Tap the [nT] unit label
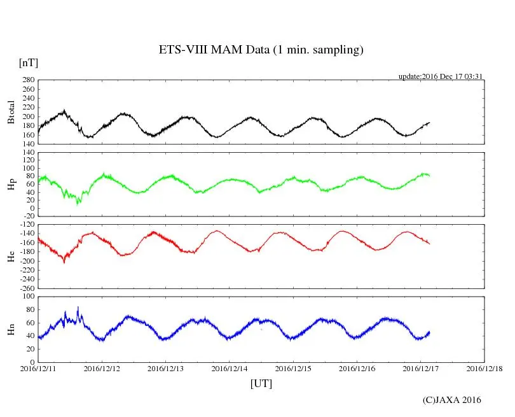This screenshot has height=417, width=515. pyautogui.click(x=29, y=63)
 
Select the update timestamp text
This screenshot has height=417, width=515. pyautogui.click(x=441, y=76)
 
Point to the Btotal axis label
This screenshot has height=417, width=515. pyautogui.click(x=11, y=112)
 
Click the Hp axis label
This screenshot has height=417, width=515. pyautogui.click(x=11, y=184)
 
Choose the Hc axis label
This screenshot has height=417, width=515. pyautogui.click(x=11, y=256)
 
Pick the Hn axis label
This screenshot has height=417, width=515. pyautogui.click(x=11, y=329)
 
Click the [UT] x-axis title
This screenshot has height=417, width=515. pyautogui.click(x=261, y=383)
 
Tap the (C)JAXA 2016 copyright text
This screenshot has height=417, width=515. pyautogui.click(x=452, y=400)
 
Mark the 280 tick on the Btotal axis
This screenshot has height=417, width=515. pyautogui.click(x=27, y=80)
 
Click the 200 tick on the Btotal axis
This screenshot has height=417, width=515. pyautogui.click(x=27, y=117)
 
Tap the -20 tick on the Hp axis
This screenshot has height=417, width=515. pyautogui.click(x=27, y=216)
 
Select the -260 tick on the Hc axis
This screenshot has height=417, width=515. pyautogui.click(x=25, y=288)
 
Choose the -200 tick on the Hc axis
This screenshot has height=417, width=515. pyautogui.click(x=25, y=261)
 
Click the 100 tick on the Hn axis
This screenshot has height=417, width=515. pyautogui.click(x=27, y=297)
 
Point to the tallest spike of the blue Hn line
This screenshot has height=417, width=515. pyautogui.click(x=78, y=307)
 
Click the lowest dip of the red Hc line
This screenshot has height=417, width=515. pyautogui.click(x=64, y=262)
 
